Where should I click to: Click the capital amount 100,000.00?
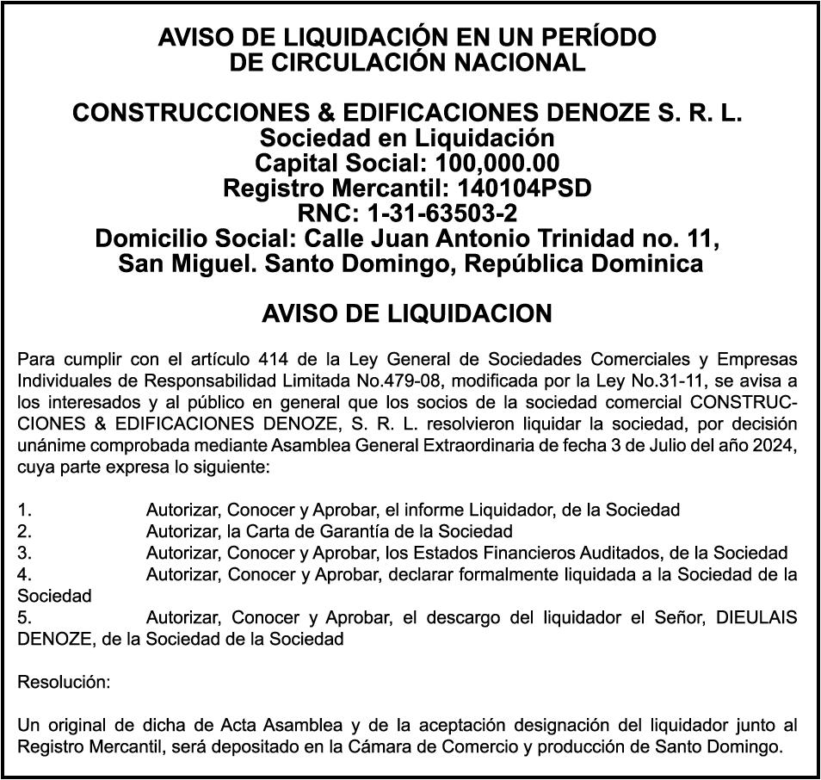tap(497, 163)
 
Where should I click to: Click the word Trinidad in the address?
tap(594, 238)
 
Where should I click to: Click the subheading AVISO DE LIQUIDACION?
tap(406, 314)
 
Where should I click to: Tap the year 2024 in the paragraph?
tap(777, 445)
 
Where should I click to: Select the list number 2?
tap(24, 531)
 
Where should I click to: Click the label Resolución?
tap(64, 682)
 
